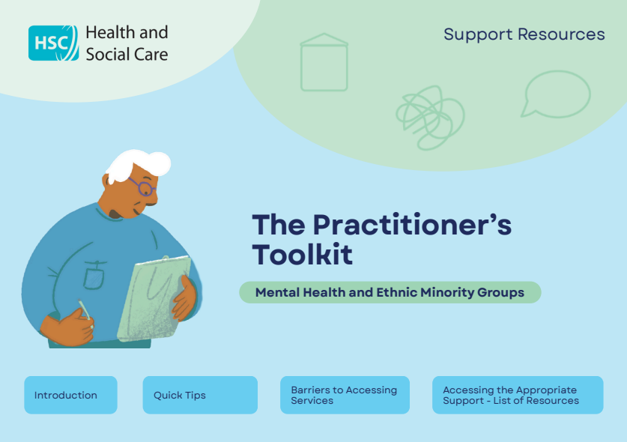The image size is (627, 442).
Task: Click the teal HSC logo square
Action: click(52, 43)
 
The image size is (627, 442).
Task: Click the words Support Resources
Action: click(524, 34)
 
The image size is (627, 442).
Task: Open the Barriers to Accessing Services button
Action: click(345, 395)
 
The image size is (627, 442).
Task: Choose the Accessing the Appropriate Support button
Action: click(518, 395)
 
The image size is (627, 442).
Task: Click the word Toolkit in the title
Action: click(302, 255)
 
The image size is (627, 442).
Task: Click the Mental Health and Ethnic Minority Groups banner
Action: click(390, 292)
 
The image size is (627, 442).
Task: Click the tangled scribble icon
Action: click(429, 116)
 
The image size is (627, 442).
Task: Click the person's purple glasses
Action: click(142, 186)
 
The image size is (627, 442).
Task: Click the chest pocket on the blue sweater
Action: click(94, 275)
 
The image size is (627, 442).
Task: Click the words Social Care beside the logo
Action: click(127, 54)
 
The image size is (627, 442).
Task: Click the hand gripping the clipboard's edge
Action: click(184, 298)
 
